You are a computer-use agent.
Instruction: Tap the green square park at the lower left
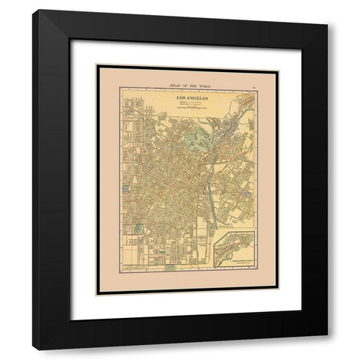pos(139,229)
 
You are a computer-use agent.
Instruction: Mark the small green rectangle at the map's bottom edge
pos(169,267)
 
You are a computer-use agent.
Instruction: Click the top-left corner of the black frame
pos(34,10)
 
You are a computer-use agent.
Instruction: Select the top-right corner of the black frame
pos(327,10)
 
